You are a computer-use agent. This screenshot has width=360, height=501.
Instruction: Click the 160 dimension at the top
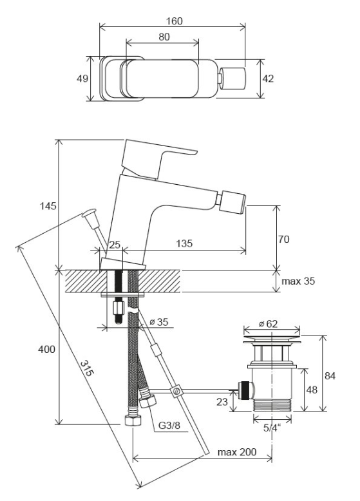click(x=175, y=21)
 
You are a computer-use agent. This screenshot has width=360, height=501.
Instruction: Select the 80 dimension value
click(x=164, y=37)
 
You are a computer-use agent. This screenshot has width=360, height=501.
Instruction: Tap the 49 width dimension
click(x=82, y=79)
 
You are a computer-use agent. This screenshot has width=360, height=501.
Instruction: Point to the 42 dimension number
click(x=268, y=79)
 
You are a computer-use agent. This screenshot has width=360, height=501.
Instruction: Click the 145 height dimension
click(x=48, y=206)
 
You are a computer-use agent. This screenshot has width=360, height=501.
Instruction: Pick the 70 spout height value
click(x=283, y=239)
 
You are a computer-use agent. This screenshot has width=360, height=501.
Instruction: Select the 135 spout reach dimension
click(x=185, y=244)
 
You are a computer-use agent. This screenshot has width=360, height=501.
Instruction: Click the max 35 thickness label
click(x=298, y=281)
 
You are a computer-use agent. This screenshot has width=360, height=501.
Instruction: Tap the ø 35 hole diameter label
click(x=159, y=322)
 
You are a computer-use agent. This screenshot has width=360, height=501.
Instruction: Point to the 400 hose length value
click(x=46, y=350)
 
